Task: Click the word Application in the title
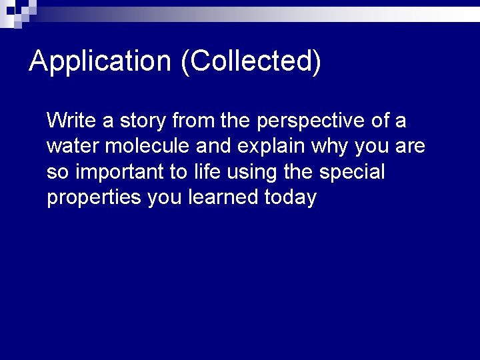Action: (101, 61)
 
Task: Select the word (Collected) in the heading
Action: (251, 61)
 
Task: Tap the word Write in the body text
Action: (71, 121)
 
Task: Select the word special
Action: (352, 173)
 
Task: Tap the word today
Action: (290, 198)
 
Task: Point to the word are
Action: (409, 146)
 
